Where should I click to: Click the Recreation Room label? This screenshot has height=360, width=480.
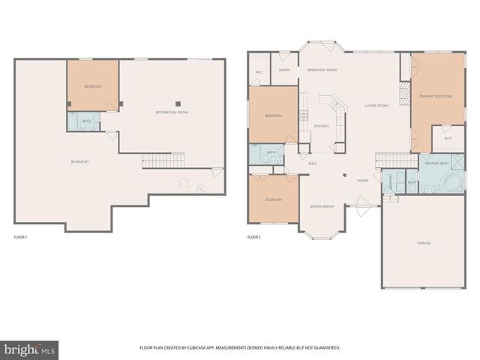coord(172,112)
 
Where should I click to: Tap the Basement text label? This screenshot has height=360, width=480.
coord(80,162)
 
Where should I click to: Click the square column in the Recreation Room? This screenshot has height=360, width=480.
coord(178,103)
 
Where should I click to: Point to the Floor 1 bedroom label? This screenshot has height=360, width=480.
coord(93,87)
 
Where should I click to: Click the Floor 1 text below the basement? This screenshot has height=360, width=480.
coord(20,237)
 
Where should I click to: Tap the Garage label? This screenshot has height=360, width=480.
coord(424,243)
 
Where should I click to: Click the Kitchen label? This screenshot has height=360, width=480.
coord(321,126)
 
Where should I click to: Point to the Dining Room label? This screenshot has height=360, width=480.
coord(322,206)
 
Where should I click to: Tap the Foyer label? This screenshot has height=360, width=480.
coord(362,181)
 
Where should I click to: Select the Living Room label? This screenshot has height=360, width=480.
coord(376,106)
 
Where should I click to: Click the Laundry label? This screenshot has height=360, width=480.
coord(391,181)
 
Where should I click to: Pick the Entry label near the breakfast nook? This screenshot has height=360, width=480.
coord(284,70)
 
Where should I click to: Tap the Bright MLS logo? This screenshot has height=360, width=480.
coord(29,349)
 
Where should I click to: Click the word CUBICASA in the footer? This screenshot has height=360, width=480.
coord(201,348)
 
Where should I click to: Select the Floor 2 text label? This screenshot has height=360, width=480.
coord(253,237)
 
